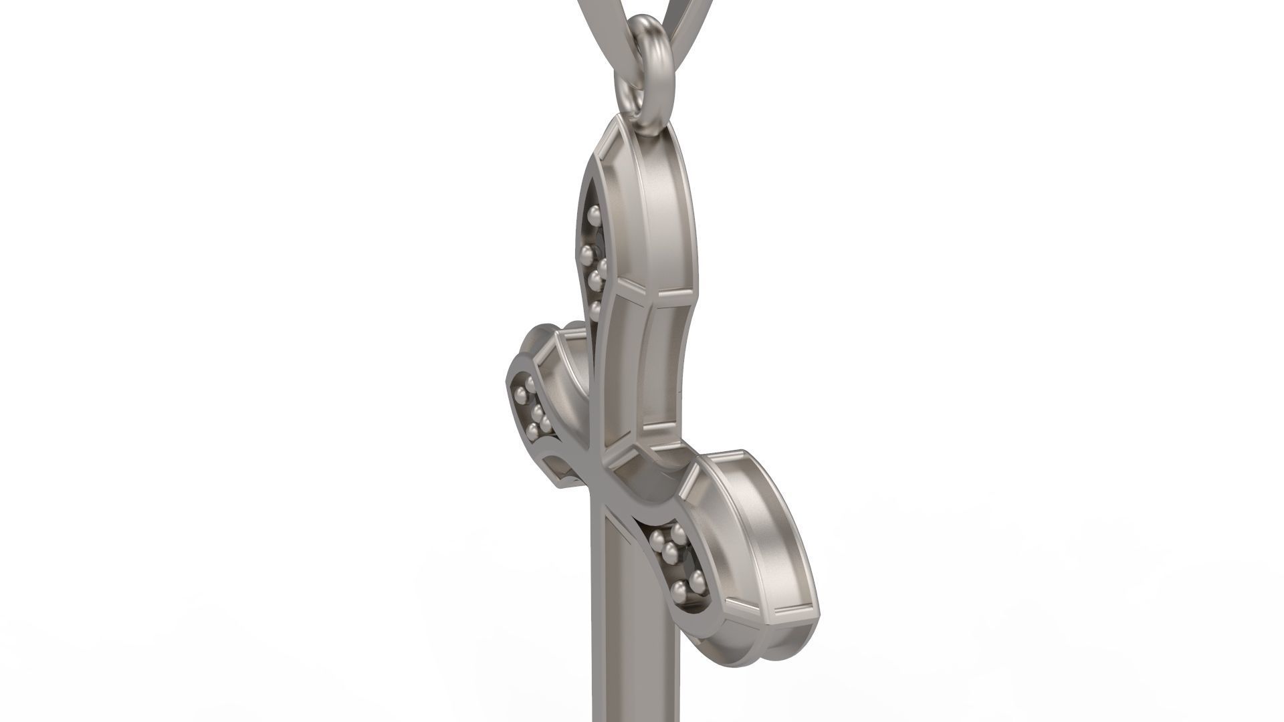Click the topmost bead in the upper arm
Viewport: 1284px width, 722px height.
pos(592,215)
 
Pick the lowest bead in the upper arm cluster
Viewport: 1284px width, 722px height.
pos(595,308)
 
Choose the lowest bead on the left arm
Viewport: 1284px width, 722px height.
pos(533,429)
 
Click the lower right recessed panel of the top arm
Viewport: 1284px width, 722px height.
pos(662,374)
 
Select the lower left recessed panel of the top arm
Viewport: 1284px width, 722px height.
pos(622,374)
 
